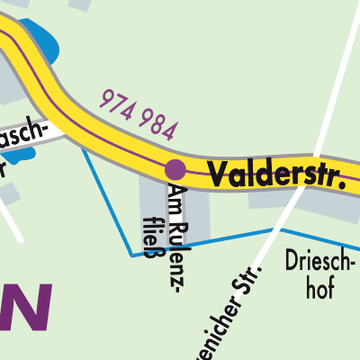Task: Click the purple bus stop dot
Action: pos(175,168)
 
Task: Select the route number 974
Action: pos(121,105)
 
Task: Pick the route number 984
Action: pos(160,125)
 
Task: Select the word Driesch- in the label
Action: pos(319,263)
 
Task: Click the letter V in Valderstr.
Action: pos(216,172)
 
